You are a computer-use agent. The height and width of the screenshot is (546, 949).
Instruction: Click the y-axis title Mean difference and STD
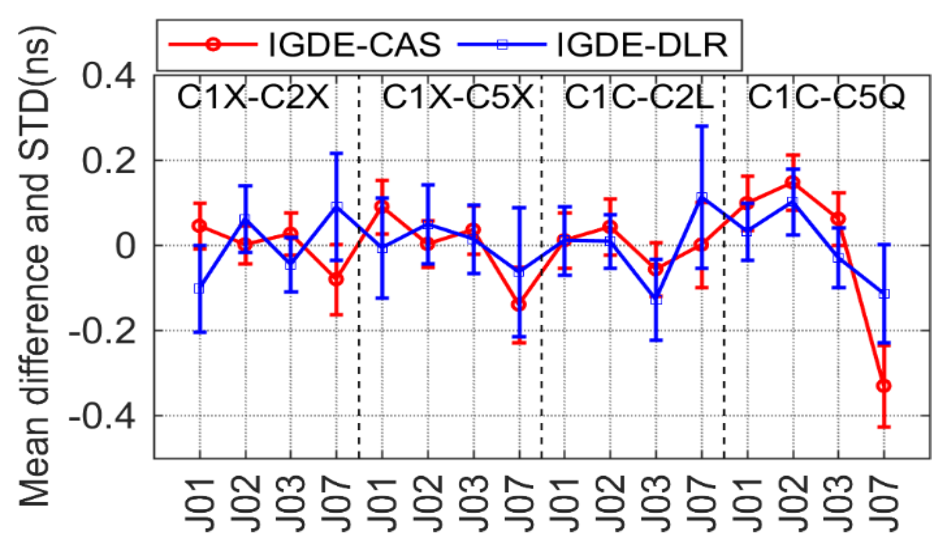tap(36, 266)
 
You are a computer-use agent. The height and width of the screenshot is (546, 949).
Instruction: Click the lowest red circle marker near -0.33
tap(884, 386)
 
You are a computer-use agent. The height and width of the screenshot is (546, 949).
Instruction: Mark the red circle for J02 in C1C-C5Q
tap(793, 182)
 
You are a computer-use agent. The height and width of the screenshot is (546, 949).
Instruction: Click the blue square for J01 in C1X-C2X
tap(199, 289)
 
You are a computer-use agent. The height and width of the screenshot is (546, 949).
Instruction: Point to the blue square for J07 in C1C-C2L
tap(702, 197)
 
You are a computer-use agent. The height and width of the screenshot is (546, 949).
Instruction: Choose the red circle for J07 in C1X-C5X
tap(519, 305)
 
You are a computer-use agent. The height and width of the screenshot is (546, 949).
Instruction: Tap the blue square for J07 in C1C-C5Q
tap(884, 294)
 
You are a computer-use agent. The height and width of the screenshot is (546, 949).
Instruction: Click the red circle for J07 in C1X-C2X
tap(336, 279)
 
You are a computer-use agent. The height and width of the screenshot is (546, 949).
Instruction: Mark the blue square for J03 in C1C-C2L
tap(656, 300)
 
